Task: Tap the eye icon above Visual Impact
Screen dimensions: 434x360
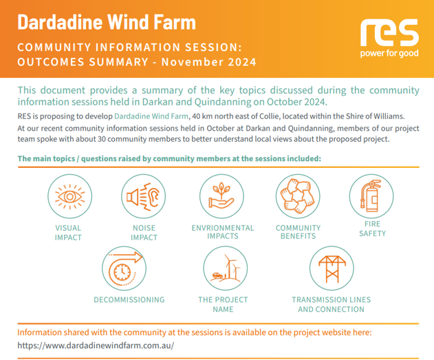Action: tap(69, 197)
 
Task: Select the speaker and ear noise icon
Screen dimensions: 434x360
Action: tap(143, 197)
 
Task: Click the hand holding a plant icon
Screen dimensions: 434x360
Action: tap(221, 195)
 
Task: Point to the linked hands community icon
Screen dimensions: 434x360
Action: tap(298, 196)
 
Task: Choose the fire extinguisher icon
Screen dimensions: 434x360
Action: tap(371, 195)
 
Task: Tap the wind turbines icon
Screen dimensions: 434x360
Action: tap(226, 268)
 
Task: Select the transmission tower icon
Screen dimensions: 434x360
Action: tap(332, 268)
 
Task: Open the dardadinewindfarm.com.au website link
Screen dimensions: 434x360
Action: tap(96, 346)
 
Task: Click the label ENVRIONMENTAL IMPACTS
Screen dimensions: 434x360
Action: tap(223, 232)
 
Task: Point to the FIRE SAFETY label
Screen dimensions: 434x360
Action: tap(373, 229)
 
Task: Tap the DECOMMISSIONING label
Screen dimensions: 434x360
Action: tap(129, 299)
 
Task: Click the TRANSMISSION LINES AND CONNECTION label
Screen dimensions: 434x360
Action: tap(332, 304)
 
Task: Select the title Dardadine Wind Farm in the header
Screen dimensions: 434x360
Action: tap(107, 22)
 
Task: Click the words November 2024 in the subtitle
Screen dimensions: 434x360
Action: tap(209, 62)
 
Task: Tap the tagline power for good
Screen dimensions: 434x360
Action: tap(389, 53)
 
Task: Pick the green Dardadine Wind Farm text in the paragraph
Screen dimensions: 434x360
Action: tap(151, 116)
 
